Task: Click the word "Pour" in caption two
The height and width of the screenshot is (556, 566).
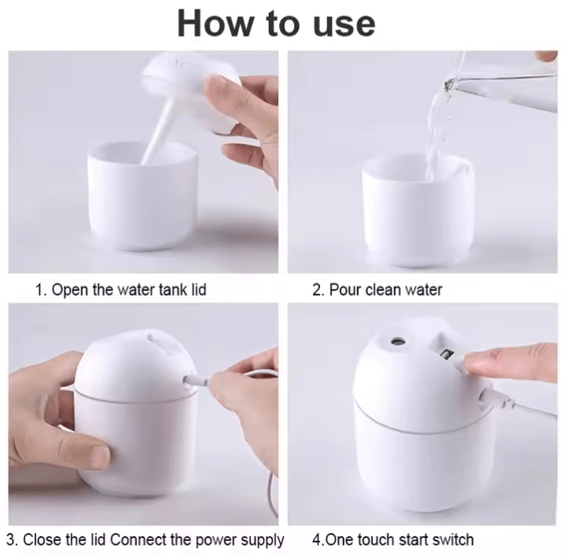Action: [x=344, y=289]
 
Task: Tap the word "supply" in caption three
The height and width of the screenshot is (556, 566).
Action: [x=260, y=540]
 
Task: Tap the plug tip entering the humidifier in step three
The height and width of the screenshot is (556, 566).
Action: [x=190, y=380]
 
